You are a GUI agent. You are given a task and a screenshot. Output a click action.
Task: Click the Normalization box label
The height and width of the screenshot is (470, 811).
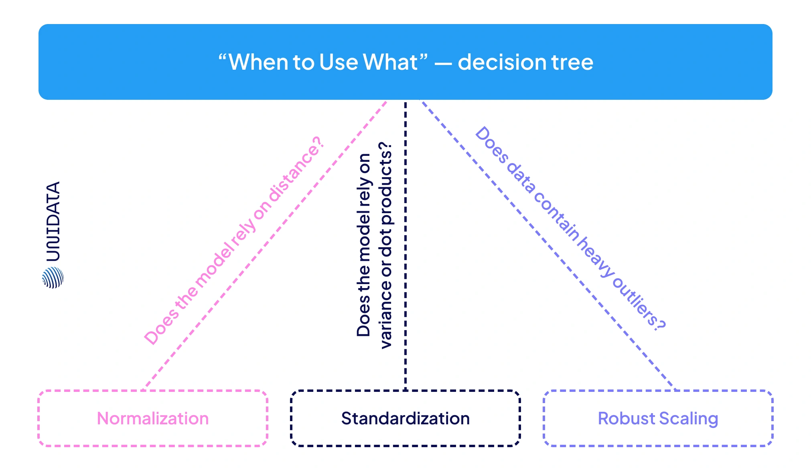tap(153, 418)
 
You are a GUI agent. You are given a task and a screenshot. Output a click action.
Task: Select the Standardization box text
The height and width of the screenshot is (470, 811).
tap(405, 418)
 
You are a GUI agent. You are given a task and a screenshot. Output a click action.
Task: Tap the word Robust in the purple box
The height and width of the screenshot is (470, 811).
tap(626, 418)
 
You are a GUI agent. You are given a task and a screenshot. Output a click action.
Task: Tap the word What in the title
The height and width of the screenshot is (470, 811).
tap(390, 63)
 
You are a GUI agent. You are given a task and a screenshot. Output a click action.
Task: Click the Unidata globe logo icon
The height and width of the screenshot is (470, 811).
tap(53, 278)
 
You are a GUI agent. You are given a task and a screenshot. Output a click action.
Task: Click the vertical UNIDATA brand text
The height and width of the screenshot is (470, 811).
tap(53, 221)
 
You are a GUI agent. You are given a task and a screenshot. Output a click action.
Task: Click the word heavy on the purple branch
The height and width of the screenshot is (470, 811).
tap(595, 256)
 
